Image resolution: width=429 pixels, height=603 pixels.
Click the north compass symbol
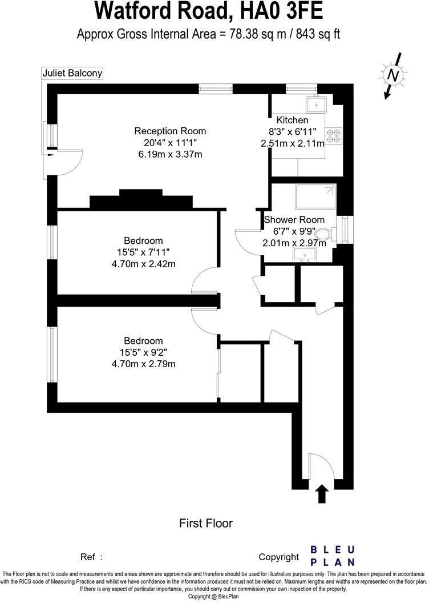click(392, 75)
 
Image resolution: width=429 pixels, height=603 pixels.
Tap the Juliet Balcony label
click(72, 73)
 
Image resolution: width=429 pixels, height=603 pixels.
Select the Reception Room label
click(170, 131)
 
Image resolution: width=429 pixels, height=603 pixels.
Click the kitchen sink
click(315, 104)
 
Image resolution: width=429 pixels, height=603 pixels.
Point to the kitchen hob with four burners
click(334, 134)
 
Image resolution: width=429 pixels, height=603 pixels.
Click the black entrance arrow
click(322, 494)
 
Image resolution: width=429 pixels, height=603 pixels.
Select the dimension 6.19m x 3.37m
click(170, 154)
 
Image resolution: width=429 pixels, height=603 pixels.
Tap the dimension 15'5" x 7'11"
click(143, 252)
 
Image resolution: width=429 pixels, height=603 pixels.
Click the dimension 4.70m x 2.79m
click(143, 364)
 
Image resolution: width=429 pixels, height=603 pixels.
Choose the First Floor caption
click(206, 522)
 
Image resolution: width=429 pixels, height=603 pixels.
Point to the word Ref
click(88, 557)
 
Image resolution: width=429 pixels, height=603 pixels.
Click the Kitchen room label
click(292, 120)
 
